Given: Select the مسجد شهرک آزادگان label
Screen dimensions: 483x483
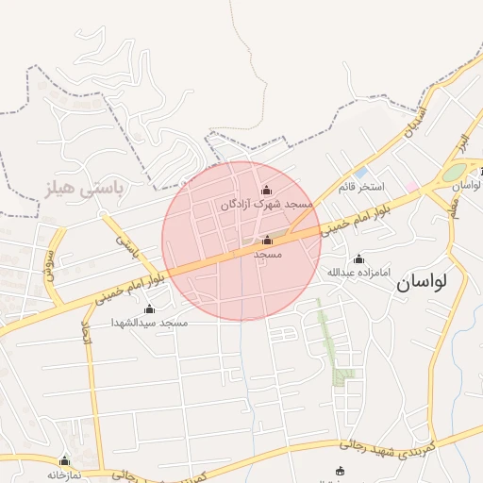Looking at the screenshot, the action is tap(266, 204).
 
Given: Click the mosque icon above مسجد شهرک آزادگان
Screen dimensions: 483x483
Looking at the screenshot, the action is tap(266, 191).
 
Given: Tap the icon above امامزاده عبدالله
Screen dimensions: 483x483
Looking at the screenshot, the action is tap(358, 258).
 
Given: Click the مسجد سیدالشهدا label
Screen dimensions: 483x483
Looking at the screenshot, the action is tap(149, 323).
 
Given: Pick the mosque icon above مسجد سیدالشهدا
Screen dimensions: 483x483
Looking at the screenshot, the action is tap(149, 309).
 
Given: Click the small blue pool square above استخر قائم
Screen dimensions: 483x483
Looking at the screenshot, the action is tap(361, 173).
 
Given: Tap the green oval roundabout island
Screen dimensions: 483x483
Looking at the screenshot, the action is tap(455, 174).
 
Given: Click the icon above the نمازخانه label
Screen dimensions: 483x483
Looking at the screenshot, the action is tap(64, 461).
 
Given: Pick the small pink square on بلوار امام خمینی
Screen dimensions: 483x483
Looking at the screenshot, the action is tap(413, 188).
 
